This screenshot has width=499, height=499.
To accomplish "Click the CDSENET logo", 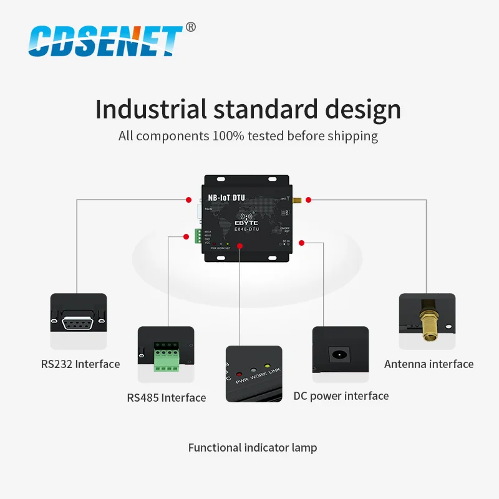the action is pyautogui.click(x=106, y=41).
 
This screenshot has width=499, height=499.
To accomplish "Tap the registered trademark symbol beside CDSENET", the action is pyautogui.click(x=191, y=27).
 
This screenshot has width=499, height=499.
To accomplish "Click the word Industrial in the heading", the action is pyautogui.click(x=150, y=109).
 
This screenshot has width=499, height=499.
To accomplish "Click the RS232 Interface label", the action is pyautogui.click(x=80, y=364).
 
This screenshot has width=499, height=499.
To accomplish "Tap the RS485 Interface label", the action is pyautogui.click(x=166, y=397).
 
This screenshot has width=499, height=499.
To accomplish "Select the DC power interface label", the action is pyautogui.click(x=341, y=395).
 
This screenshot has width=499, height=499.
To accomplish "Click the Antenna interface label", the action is pyautogui.click(x=429, y=364).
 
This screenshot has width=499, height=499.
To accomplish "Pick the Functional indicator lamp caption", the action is pyautogui.click(x=253, y=447).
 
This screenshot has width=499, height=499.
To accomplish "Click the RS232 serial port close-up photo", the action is pyautogui.click(x=79, y=321).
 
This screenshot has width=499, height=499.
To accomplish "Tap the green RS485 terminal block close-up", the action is pyautogui.click(x=165, y=357).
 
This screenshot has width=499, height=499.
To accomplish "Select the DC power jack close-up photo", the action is pyautogui.click(x=340, y=356).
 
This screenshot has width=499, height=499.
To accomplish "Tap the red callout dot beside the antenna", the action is pyautogui.click(x=308, y=200).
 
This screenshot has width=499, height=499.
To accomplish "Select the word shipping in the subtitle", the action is pyautogui.click(x=356, y=135).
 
